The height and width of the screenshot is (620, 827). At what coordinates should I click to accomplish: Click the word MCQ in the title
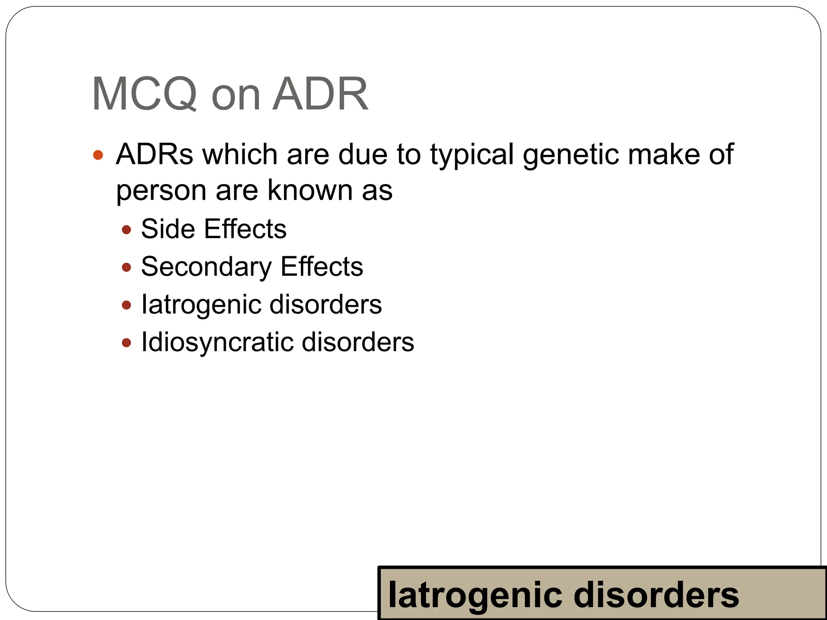144,94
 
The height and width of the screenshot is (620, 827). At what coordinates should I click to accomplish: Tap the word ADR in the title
320,94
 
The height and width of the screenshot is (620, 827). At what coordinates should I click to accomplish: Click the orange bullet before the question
98,155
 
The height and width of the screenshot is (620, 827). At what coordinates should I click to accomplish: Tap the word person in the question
161,191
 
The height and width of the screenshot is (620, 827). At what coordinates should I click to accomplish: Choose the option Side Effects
214,229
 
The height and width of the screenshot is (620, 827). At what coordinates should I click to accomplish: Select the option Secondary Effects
252,267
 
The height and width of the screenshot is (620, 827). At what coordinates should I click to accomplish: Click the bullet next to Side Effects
127,230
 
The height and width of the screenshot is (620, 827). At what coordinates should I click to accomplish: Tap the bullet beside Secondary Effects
127,267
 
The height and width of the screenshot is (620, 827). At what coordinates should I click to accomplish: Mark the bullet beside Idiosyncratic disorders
127,343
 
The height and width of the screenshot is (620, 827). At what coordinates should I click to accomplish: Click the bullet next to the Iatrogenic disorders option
127,305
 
